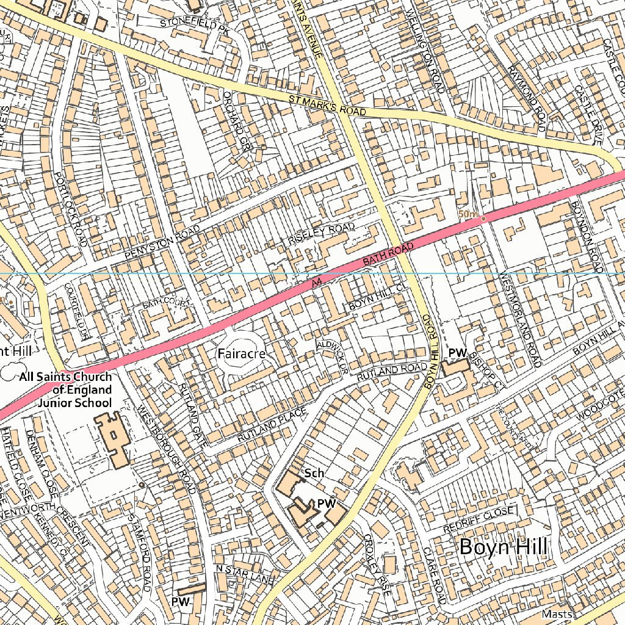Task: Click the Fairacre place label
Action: point(242,353)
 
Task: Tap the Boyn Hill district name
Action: point(503,546)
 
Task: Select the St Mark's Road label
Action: point(328,104)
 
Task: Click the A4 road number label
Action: point(314,283)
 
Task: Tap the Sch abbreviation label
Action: point(314,473)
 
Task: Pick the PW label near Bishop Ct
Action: point(457,353)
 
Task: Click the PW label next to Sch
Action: point(327,504)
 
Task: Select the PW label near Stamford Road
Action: point(181,601)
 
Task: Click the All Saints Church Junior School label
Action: point(65,390)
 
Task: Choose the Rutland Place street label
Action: point(272,425)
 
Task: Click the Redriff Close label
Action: point(479,511)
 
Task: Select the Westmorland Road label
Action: point(520,319)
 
